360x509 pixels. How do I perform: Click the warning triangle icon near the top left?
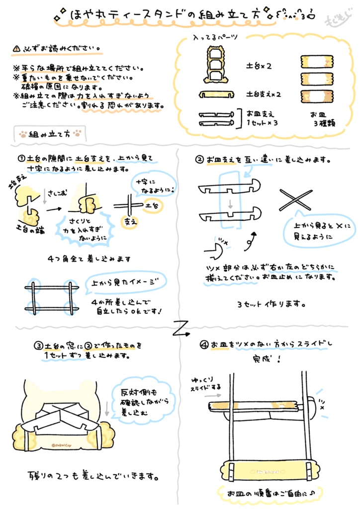[17, 49]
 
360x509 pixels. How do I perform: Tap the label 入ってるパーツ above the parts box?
[215, 38]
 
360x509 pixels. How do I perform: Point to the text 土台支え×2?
[264, 93]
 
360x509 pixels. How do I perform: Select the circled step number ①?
[21, 159]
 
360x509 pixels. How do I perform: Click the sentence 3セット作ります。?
[271, 303]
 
